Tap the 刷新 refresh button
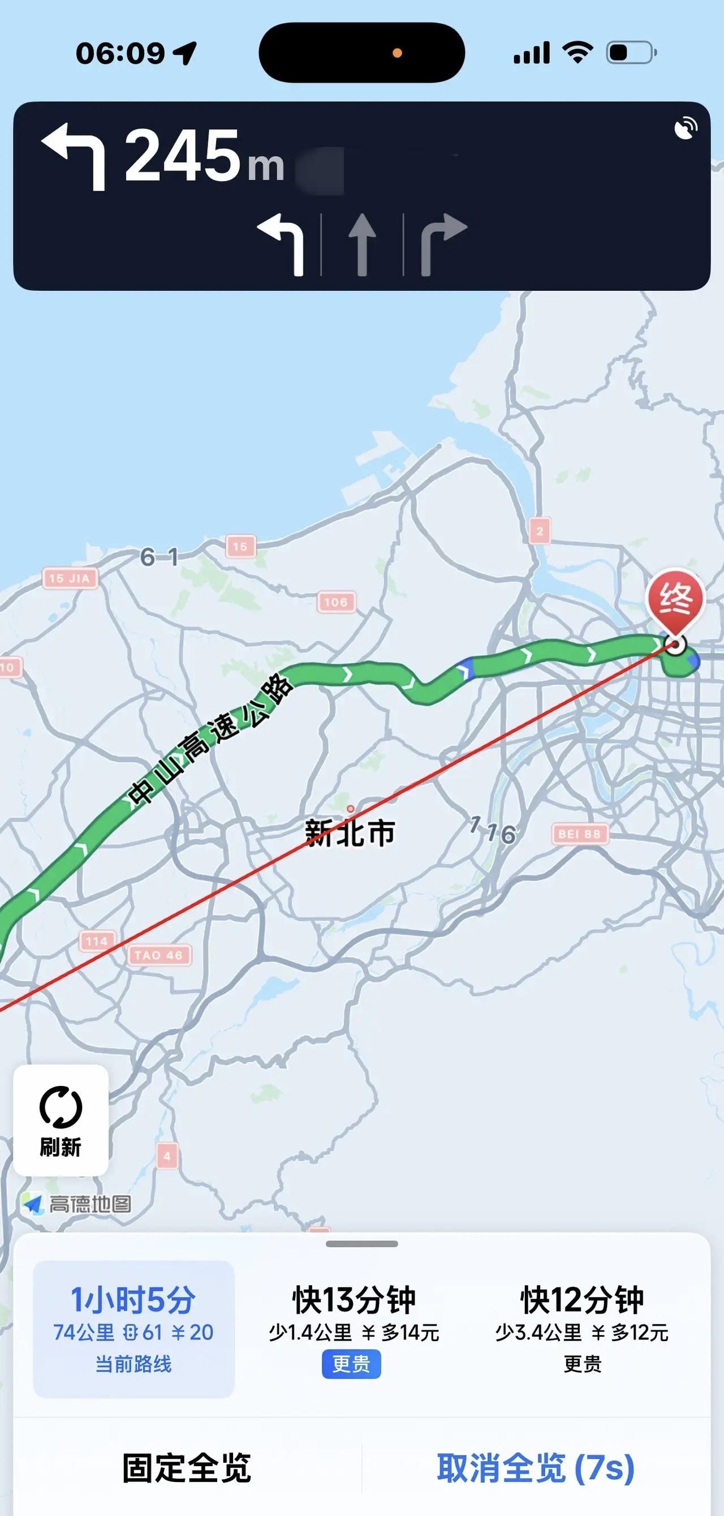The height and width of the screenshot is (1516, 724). click(61, 1120)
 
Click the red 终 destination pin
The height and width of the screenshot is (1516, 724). click(676, 601)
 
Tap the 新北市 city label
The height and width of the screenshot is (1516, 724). click(350, 833)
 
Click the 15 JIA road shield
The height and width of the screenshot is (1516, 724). click(70, 578)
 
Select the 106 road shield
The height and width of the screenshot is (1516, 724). click(336, 602)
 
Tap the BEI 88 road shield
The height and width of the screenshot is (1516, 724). click(579, 834)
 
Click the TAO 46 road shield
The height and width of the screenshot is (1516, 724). click(159, 955)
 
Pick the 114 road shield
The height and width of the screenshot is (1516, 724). click(97, 941)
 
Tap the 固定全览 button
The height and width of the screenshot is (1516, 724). click(187, 1468)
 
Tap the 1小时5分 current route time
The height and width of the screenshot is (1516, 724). click(133, 1300)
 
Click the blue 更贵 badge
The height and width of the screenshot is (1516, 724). click(351, 1364)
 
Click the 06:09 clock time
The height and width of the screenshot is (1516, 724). click(120, 54)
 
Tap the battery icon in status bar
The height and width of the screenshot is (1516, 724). click(631, 53)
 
